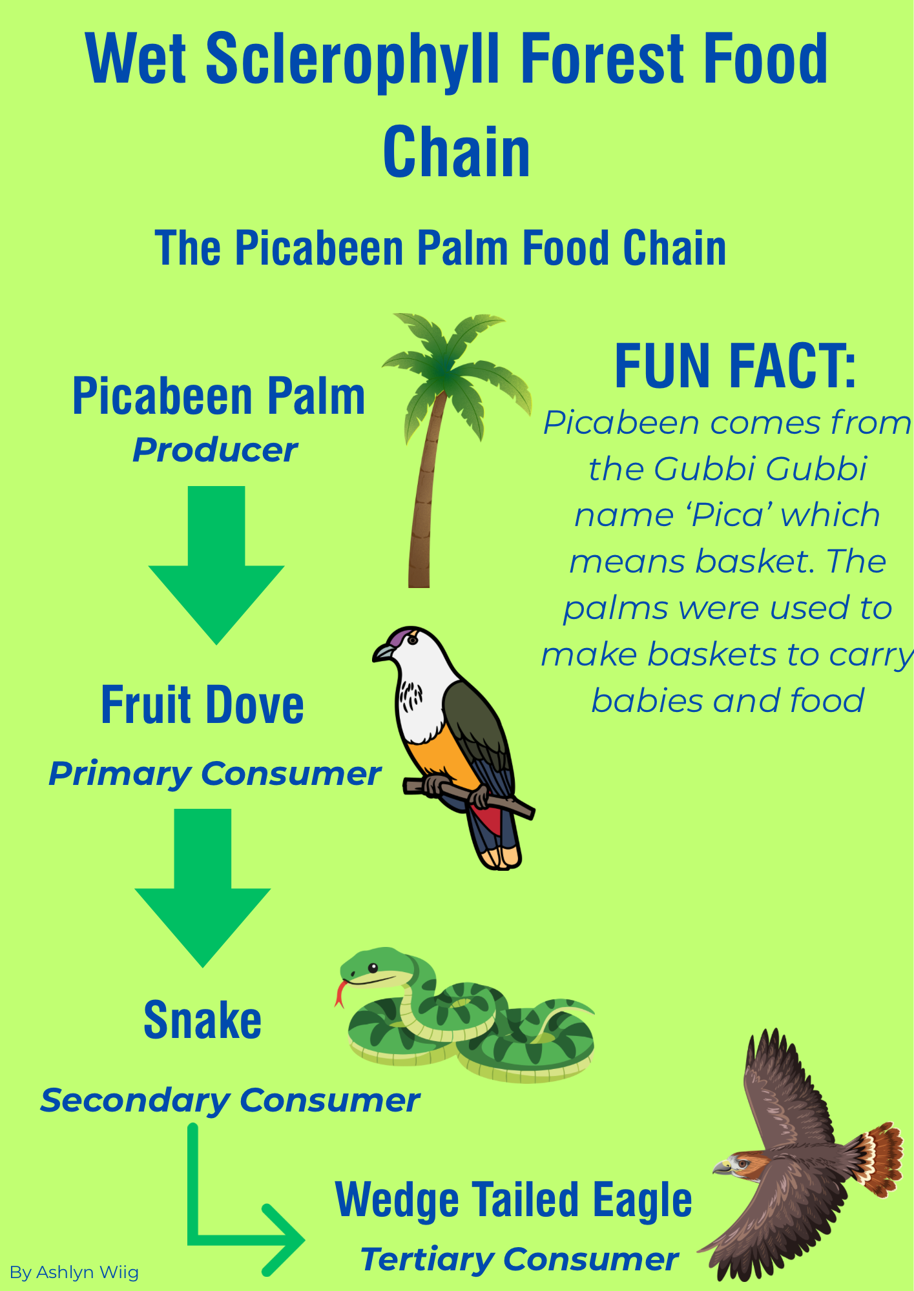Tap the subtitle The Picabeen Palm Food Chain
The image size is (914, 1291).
[x=441, y=248]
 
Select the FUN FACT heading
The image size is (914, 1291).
[x=735, y=366]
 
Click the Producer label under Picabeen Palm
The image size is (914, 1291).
[x=215, y=450]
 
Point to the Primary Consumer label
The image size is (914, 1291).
[x=215, y=774]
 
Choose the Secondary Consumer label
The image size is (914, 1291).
[x=230, y=1101]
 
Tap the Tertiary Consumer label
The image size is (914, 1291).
[x=519, y=1259]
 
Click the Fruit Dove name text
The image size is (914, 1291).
[x=202, y=704]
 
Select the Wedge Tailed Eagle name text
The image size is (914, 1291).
[x=514, y=1201]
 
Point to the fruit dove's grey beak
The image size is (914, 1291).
[x=382, y=653]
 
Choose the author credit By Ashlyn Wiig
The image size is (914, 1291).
[x=74, y=1272]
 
